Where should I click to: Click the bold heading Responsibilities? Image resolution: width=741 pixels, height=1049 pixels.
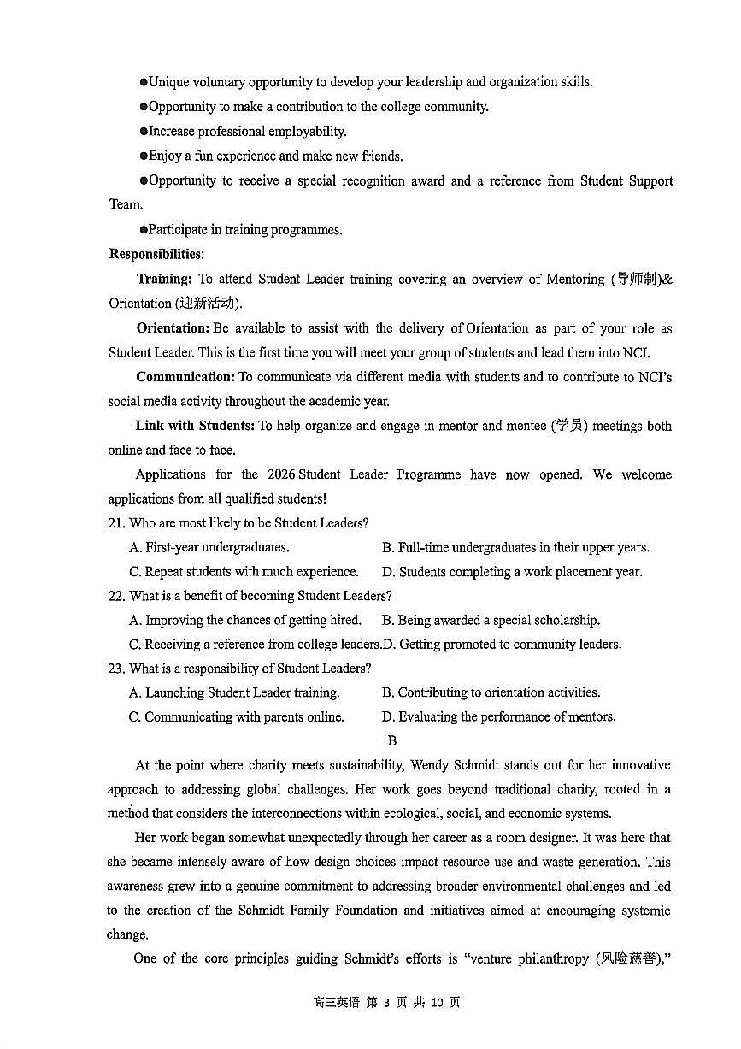156,254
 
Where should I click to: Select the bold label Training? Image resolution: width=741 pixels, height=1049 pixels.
163,279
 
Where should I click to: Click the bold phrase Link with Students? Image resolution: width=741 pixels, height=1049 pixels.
194,426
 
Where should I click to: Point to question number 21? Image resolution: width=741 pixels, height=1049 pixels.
116,523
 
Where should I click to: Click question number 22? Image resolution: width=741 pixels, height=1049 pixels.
116,596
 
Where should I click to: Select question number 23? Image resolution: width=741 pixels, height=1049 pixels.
116,669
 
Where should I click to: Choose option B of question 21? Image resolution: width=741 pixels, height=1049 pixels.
515,547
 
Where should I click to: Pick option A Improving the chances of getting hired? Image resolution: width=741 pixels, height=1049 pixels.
244,620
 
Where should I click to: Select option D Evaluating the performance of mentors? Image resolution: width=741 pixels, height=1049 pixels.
498,717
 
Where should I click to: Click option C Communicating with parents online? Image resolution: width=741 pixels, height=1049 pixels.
236,717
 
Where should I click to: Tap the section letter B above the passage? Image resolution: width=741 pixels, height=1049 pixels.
391,741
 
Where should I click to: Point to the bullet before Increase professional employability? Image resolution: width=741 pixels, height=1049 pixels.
144,132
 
